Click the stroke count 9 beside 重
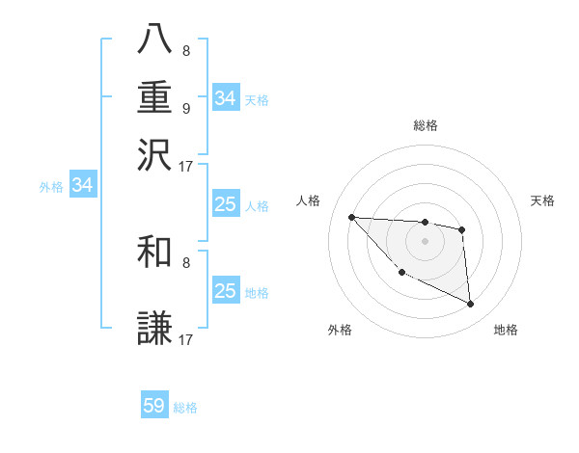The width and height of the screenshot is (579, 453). [185, 109]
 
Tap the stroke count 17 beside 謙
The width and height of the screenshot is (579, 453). [186, 340]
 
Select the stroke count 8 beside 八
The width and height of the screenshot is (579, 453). [185, 51]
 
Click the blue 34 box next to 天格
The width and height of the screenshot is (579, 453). [225, 98]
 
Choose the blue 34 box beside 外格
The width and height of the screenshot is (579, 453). [82, 185]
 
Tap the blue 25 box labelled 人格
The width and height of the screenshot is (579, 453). [225, 204]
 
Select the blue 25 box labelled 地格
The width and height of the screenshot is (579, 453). [225, 291]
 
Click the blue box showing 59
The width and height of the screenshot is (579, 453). [154, 406]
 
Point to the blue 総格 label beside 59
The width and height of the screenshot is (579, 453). [186, 408]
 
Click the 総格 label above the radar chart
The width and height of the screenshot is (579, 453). [425, 125]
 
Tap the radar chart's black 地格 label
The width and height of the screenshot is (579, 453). [506, 330]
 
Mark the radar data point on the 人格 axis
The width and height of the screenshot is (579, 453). [351, 217]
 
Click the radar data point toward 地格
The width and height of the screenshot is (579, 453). [470, 305]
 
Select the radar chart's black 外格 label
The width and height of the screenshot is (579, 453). [340, 330]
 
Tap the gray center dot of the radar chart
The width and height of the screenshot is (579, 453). [425, 241]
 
